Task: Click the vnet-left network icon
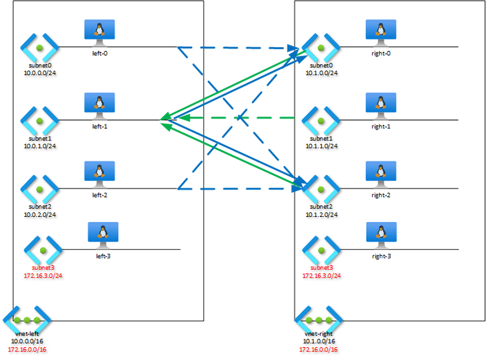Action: point(27,321)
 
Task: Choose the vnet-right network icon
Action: point(318,321)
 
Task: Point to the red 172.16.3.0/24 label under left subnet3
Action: point(47,275)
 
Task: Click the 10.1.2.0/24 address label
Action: point(322,214)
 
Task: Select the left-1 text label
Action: point(100,126)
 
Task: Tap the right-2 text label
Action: point(381,194)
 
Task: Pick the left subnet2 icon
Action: point(40,188)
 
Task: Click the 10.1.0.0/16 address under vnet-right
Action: point(318,341)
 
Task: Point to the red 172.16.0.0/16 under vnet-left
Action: point(29,349)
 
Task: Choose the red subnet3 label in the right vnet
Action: point(322,267)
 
